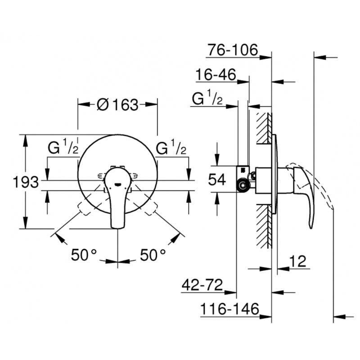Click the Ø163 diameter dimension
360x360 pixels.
pyautogui.click(x=117, y=105)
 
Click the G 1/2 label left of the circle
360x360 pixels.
pyautogui.click(x=63, y=148)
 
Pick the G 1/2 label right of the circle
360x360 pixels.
pyautogui.click(x=171, y=148)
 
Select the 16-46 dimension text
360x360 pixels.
pyautogui.click(x=216, y=75)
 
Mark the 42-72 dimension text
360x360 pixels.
pyautogui.click(x=202, y=285)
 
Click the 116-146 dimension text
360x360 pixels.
pyautogui.click(x=230, y=309)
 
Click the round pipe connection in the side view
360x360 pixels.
pyautogui.click(x=244, y=184)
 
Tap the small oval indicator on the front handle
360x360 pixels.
pyautogui.click(x=117, y=184)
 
